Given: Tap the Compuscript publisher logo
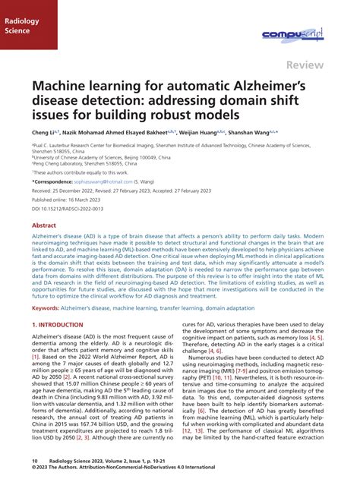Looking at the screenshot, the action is [x=293, y=34].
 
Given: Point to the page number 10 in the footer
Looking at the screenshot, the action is [x=35, y=460].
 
